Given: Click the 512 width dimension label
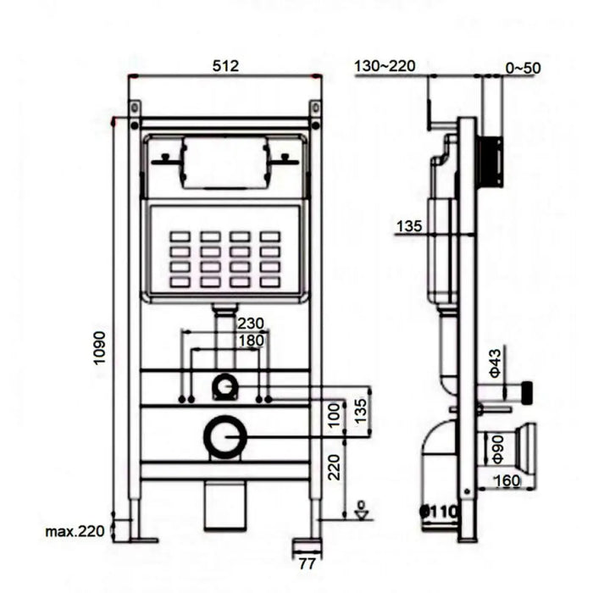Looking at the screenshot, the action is (225, 66).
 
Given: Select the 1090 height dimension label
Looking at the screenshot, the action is (99, 348).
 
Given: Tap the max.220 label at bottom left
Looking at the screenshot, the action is (75, 531).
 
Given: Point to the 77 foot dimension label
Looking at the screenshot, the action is (307, 564).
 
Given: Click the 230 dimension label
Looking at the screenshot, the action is (251, 324).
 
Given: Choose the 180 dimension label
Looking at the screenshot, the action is (251, 341).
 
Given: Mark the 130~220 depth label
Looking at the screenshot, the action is (385, 66).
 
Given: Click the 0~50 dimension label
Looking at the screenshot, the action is (523, 68).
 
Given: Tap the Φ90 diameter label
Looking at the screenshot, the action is (498, 449).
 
